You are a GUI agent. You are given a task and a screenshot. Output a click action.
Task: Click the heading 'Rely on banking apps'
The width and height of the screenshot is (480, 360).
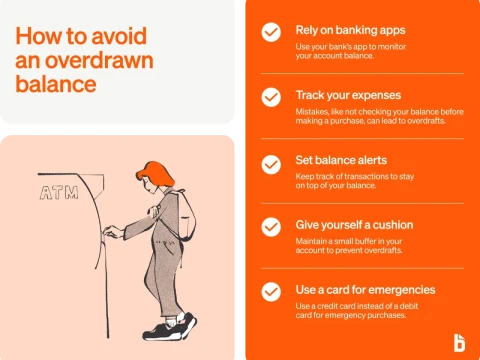point(350,30)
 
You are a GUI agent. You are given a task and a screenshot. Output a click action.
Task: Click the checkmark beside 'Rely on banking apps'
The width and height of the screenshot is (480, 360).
point(270,32)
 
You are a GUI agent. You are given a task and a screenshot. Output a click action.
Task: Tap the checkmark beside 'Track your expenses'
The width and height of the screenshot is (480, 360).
point(270,97)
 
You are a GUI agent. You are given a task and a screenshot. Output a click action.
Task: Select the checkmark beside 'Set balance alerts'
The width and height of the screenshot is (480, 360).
point(270,162)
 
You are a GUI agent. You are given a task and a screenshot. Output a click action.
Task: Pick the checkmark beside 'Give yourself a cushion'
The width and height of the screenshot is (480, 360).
point(270,227)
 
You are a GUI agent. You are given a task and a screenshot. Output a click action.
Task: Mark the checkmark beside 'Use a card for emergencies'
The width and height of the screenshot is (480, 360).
point(270,292)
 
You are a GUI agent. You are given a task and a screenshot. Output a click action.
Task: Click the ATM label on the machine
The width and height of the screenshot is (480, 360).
point(59,191)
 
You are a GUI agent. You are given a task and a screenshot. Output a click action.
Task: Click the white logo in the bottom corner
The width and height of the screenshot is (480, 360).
point(458,340)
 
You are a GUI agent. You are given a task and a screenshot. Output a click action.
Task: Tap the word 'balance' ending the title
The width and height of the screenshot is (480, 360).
point(55,84)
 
